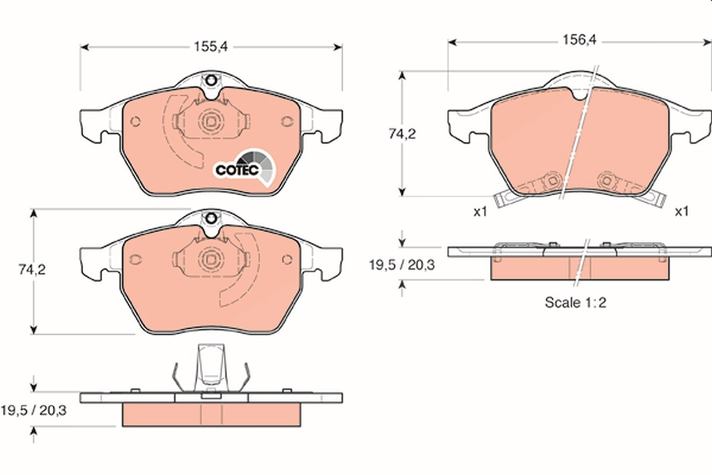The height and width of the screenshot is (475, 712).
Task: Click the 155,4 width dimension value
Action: [x=211, y=47]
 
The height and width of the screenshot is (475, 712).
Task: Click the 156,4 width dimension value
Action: [x=579, y=40]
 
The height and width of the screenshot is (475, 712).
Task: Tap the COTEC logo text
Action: [x=237, y=170]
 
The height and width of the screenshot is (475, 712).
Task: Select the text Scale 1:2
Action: [x=576, y=303]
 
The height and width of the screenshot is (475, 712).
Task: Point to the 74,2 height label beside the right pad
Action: [x=402, y=134]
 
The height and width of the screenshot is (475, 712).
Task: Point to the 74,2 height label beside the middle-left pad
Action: [x=32, y=270]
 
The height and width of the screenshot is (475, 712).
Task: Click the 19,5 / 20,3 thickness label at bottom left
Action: [x=34, y=410]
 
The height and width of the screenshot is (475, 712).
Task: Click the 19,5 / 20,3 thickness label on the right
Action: [x=402, y=265]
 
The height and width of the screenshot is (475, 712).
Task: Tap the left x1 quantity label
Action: [x=480, y=212]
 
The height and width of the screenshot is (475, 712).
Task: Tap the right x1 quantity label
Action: [x=682, y=211]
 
